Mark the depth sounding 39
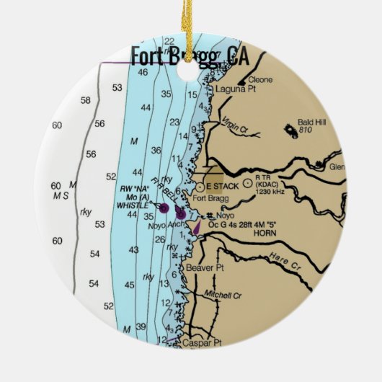tap(141, 328)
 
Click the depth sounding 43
tap(133, 249)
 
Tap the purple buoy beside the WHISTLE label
tap(164, 208)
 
